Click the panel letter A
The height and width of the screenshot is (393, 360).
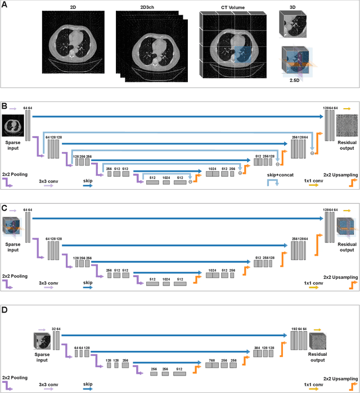click(4, 5)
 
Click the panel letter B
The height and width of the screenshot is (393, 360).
click(4, 105)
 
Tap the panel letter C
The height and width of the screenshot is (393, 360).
click(4, 208)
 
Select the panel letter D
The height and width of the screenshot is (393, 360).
click(4, 310)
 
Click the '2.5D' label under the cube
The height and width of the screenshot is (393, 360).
click(291, 80)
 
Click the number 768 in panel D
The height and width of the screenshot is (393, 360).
click(211, 359)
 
